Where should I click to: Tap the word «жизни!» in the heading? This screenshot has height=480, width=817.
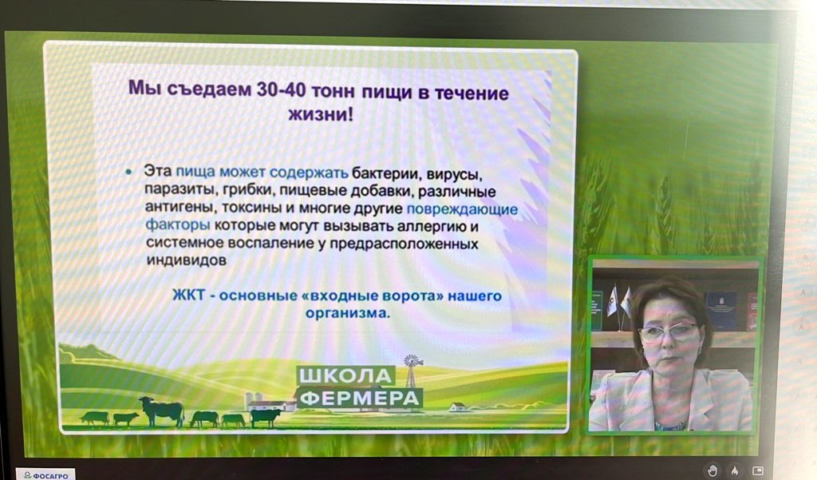click(x=321, y=113)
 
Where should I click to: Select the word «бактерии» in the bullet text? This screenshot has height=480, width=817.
click(x=387, y=173)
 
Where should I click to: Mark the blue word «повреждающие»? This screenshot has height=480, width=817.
click(x=462, y=210)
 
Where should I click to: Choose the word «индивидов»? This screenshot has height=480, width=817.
click(x=187, y=260)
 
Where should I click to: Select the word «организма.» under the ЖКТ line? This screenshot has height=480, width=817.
click(x=348, y=313)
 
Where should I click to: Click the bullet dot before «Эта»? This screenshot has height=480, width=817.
click(x=128, y=172)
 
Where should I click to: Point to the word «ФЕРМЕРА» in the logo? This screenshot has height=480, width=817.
click(x=360, y=399)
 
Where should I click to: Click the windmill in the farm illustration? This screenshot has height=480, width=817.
click(x=412, y=371)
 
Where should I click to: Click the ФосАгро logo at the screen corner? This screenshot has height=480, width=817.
click(x=46, y=475)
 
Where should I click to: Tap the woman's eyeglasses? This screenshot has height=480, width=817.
click(x=668, y=331)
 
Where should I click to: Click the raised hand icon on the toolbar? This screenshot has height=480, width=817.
click(x=712, y=470)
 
